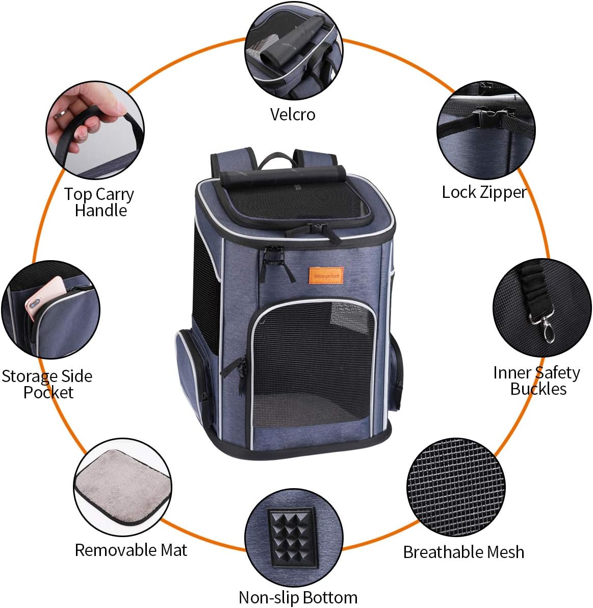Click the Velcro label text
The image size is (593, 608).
[293, 114]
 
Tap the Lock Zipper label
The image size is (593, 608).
[483, 192]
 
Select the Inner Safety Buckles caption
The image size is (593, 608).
[537, 381]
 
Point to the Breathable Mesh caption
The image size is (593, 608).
[463, 552]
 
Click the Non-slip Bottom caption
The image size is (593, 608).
[298, 597]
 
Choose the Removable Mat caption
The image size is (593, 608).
[131, 550]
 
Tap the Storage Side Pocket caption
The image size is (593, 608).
[47, 384]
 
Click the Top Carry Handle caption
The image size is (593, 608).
[99, 202]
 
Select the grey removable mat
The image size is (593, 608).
[122, 487]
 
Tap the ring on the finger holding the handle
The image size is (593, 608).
[61, 113]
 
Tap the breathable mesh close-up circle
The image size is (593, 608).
[456, 487]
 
